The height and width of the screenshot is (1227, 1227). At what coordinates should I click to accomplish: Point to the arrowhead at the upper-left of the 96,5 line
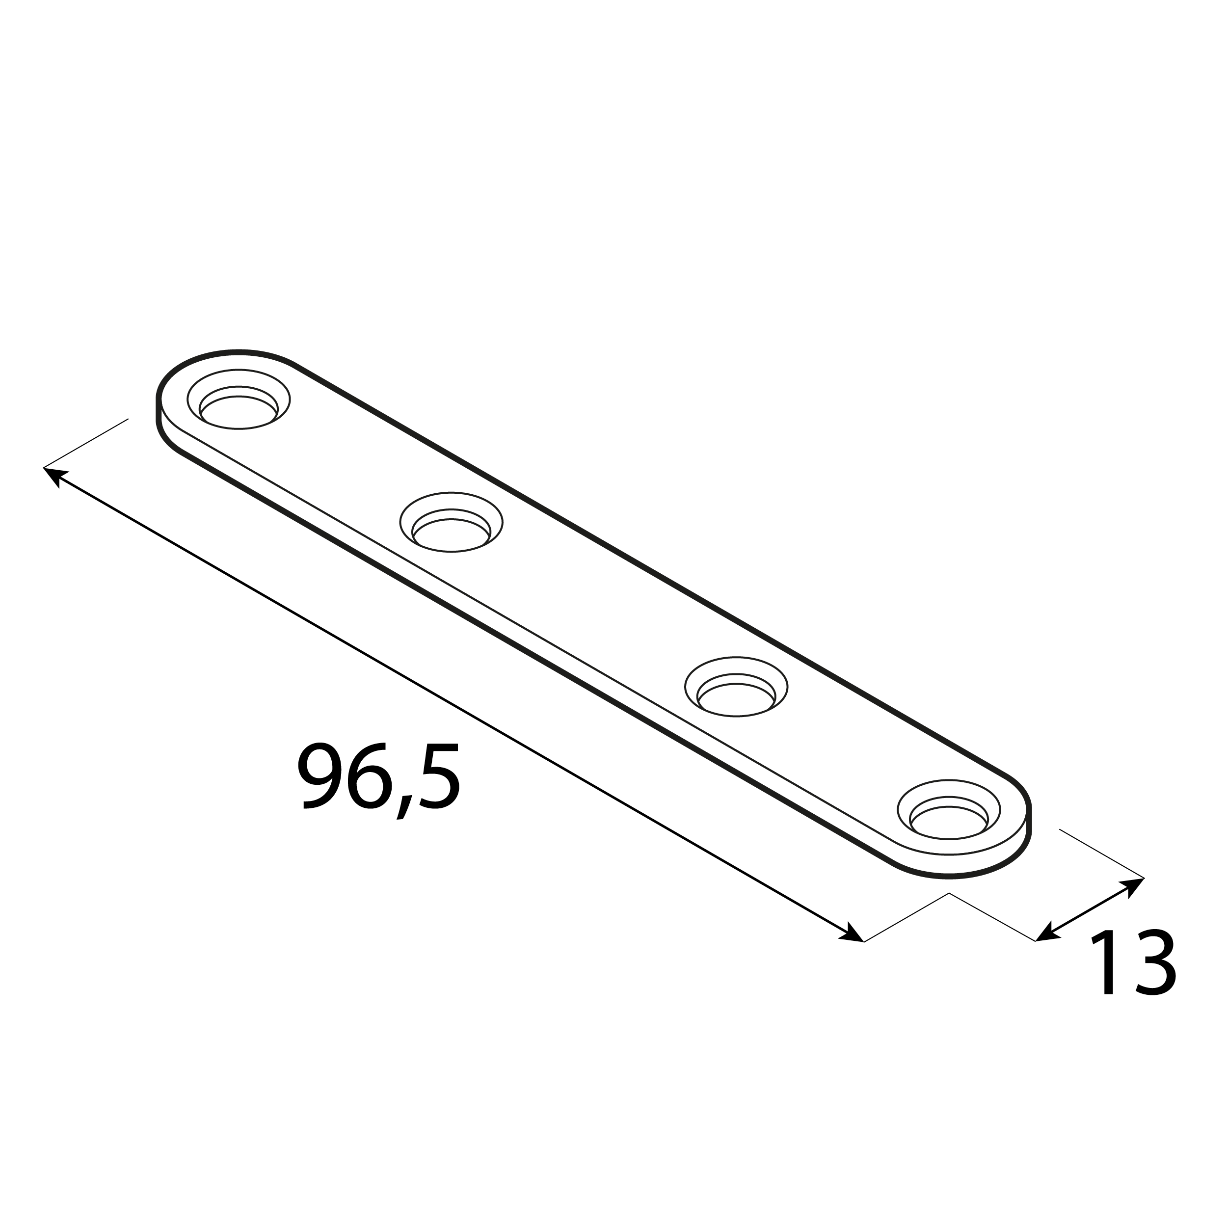(53, 475)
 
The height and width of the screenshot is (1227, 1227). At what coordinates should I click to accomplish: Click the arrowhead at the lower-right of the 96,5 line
(853, 934)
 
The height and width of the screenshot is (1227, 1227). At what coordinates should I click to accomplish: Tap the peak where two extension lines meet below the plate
(949, 894)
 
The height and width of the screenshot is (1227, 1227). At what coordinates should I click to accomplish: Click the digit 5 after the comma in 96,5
(439, 776)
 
